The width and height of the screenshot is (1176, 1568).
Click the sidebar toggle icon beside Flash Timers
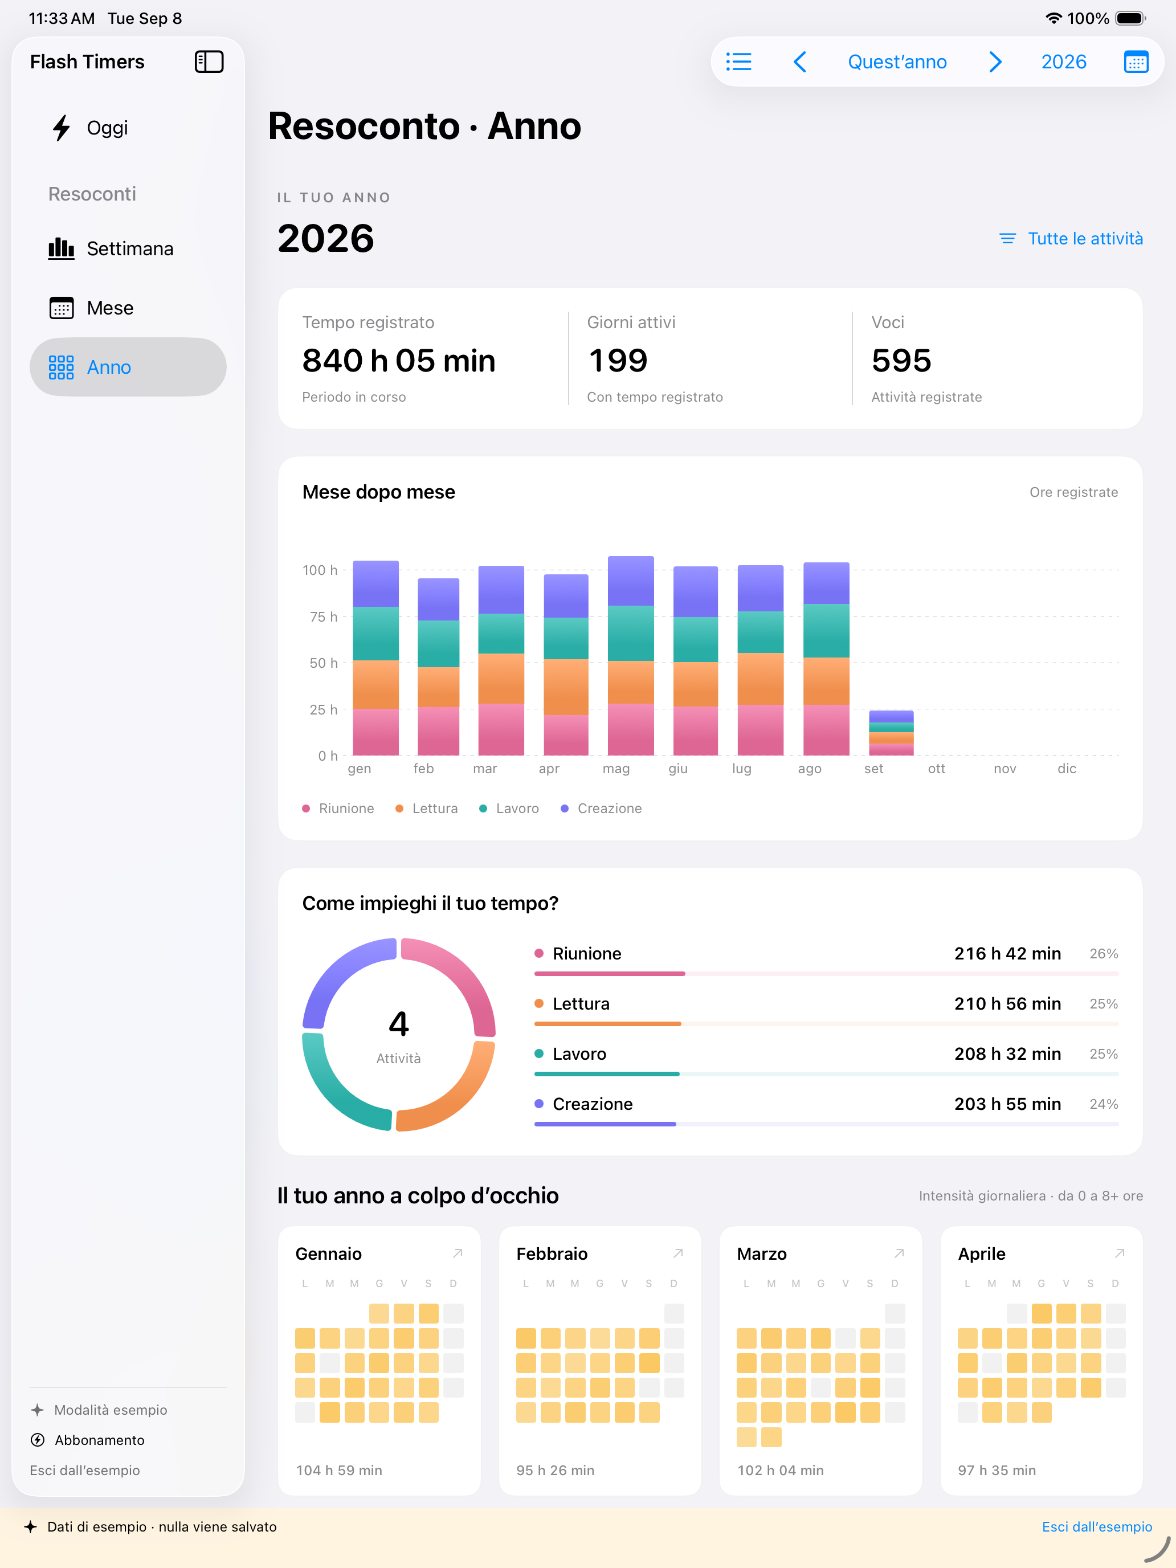click(x=209, y=62)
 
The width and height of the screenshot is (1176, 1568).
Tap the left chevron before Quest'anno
click(x=799, y=62)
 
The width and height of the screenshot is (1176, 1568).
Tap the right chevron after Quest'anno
click(x=995, y=62)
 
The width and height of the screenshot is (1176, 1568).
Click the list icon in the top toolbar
click(x=738, y=62)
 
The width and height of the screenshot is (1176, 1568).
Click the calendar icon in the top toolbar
click(x=1136, y=62)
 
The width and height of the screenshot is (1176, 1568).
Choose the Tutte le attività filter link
click(x=1071, y=239)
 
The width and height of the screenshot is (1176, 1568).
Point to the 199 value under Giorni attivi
click(x=618, y=361)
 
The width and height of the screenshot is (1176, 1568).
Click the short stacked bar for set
click(x=891, y=733)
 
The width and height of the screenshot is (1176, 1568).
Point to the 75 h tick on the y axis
click(x=323, y=616)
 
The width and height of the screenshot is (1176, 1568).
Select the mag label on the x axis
click(x=616, y=769)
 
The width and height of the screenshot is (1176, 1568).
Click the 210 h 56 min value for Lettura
click(x=1007, y=1004)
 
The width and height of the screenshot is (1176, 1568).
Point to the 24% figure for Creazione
click(x=1104, y=1104)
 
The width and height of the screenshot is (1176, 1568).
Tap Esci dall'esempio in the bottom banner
click(x=1097, y=1527)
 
